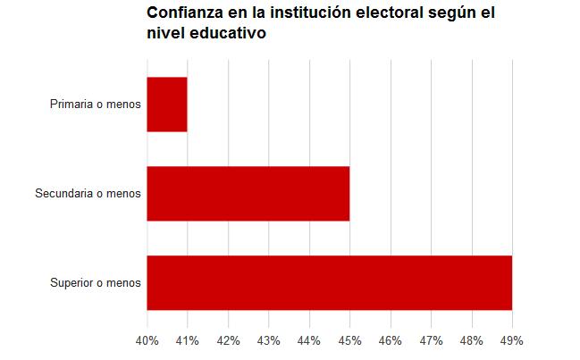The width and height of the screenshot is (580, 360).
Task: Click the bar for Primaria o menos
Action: tap(167, 105)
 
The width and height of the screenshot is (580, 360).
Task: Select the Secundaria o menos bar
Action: tap(248, 194)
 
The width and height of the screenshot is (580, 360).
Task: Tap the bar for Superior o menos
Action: tap(329, 282)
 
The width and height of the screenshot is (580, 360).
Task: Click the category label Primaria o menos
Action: tap(96, 105)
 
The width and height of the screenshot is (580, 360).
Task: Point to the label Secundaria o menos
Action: tap(88, 194)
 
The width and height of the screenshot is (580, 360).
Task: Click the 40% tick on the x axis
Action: tap(147, 340)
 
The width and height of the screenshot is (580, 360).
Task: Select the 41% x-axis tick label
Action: tap(188, 340)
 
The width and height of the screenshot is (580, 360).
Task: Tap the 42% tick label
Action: tap(228, 340)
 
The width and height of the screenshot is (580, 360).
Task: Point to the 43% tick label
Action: tap(269, 340)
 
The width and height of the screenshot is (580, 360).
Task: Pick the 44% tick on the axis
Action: tap(309, 340)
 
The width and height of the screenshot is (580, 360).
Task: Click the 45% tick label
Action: tap(349, 340)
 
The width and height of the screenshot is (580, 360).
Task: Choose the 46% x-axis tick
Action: tap(391, 340)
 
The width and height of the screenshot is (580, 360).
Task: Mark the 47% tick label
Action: tap(431, 340)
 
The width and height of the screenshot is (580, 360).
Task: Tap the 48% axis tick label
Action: tap(471, 340)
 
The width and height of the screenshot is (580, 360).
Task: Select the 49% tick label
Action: tap(512, 340)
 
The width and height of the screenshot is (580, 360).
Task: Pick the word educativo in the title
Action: tap(226, 34)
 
